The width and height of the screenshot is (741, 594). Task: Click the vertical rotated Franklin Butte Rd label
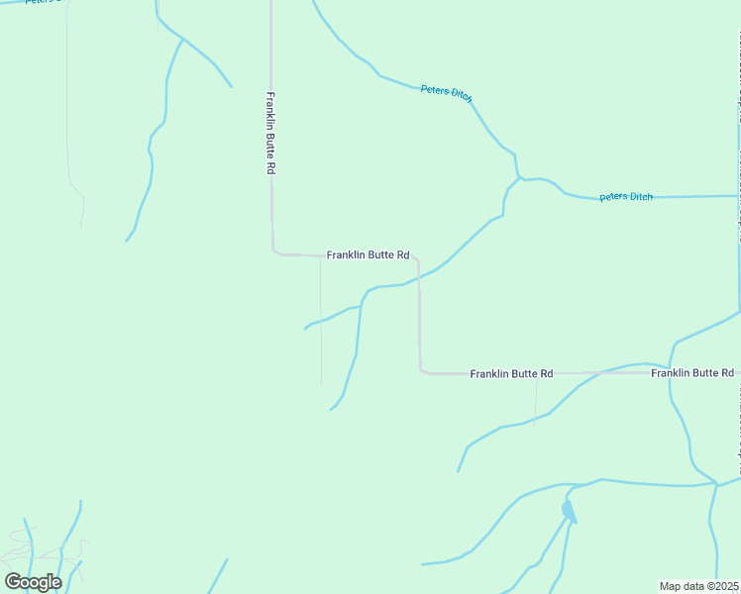click(x=269, y=134)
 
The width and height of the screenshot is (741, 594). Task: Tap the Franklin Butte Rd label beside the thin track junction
click(x=368, y=254)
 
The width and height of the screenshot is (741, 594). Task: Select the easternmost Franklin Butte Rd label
click(x=692, y=373)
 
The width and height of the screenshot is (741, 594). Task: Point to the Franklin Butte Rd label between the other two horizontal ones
click(x=511, y=373)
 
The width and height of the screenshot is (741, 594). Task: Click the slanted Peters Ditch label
click(x=446, y=91)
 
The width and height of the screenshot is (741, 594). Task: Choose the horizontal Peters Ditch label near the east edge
click(x=626, y=196)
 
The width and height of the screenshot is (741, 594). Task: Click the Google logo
click(x=33, y=581)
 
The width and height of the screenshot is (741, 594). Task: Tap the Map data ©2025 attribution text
click(x=699, y=586)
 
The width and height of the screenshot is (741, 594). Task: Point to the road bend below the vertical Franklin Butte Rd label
click(x=274, y=251)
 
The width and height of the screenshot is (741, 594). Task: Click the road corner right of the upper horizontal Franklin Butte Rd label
click(x=417, y=260)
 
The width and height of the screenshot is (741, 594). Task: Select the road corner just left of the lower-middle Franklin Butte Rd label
click(x=423, y=371)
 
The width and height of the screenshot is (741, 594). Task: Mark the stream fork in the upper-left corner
click(x=182, y=39)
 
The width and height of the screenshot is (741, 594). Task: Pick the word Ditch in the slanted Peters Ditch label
click(x=461, y=94)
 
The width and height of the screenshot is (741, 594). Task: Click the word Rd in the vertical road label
click(x=269, y=167)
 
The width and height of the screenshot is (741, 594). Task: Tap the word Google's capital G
click(x=14, y=581)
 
